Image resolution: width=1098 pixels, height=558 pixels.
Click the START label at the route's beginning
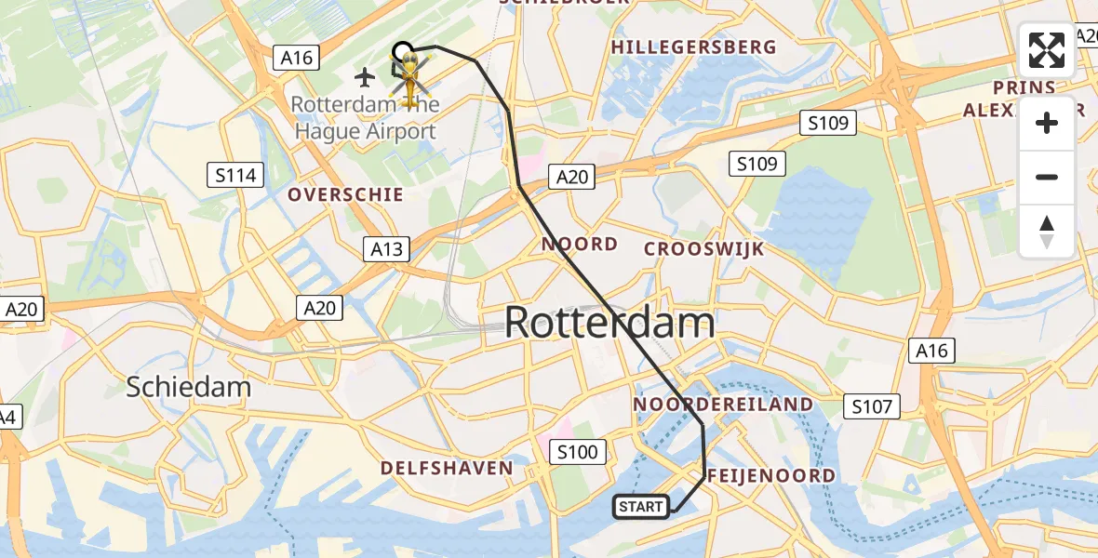point(641,507)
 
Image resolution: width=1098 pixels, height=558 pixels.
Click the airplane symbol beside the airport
point(366,75)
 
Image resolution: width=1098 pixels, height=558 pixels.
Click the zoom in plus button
point(1047,123)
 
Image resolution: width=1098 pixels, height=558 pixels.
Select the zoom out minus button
point(1047,177)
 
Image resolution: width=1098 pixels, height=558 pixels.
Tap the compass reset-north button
point(1047,231)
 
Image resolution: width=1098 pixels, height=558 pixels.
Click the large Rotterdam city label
point(609,324)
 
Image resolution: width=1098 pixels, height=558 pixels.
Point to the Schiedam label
point(190,386)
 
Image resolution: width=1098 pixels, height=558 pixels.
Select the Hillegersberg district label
point(693,46)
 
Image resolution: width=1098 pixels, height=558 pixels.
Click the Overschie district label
point(345,194)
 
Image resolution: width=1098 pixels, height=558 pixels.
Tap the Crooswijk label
point(704,249)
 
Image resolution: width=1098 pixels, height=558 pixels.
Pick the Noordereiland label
point(723,405)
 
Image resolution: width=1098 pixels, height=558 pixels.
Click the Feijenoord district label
point(770,476)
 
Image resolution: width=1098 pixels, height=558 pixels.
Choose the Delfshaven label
point(447,468)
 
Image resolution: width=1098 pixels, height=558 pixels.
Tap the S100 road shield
point(577,453)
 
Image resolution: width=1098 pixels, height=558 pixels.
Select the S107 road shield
point(872,406)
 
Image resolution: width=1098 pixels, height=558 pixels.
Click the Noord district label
point(580,244)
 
